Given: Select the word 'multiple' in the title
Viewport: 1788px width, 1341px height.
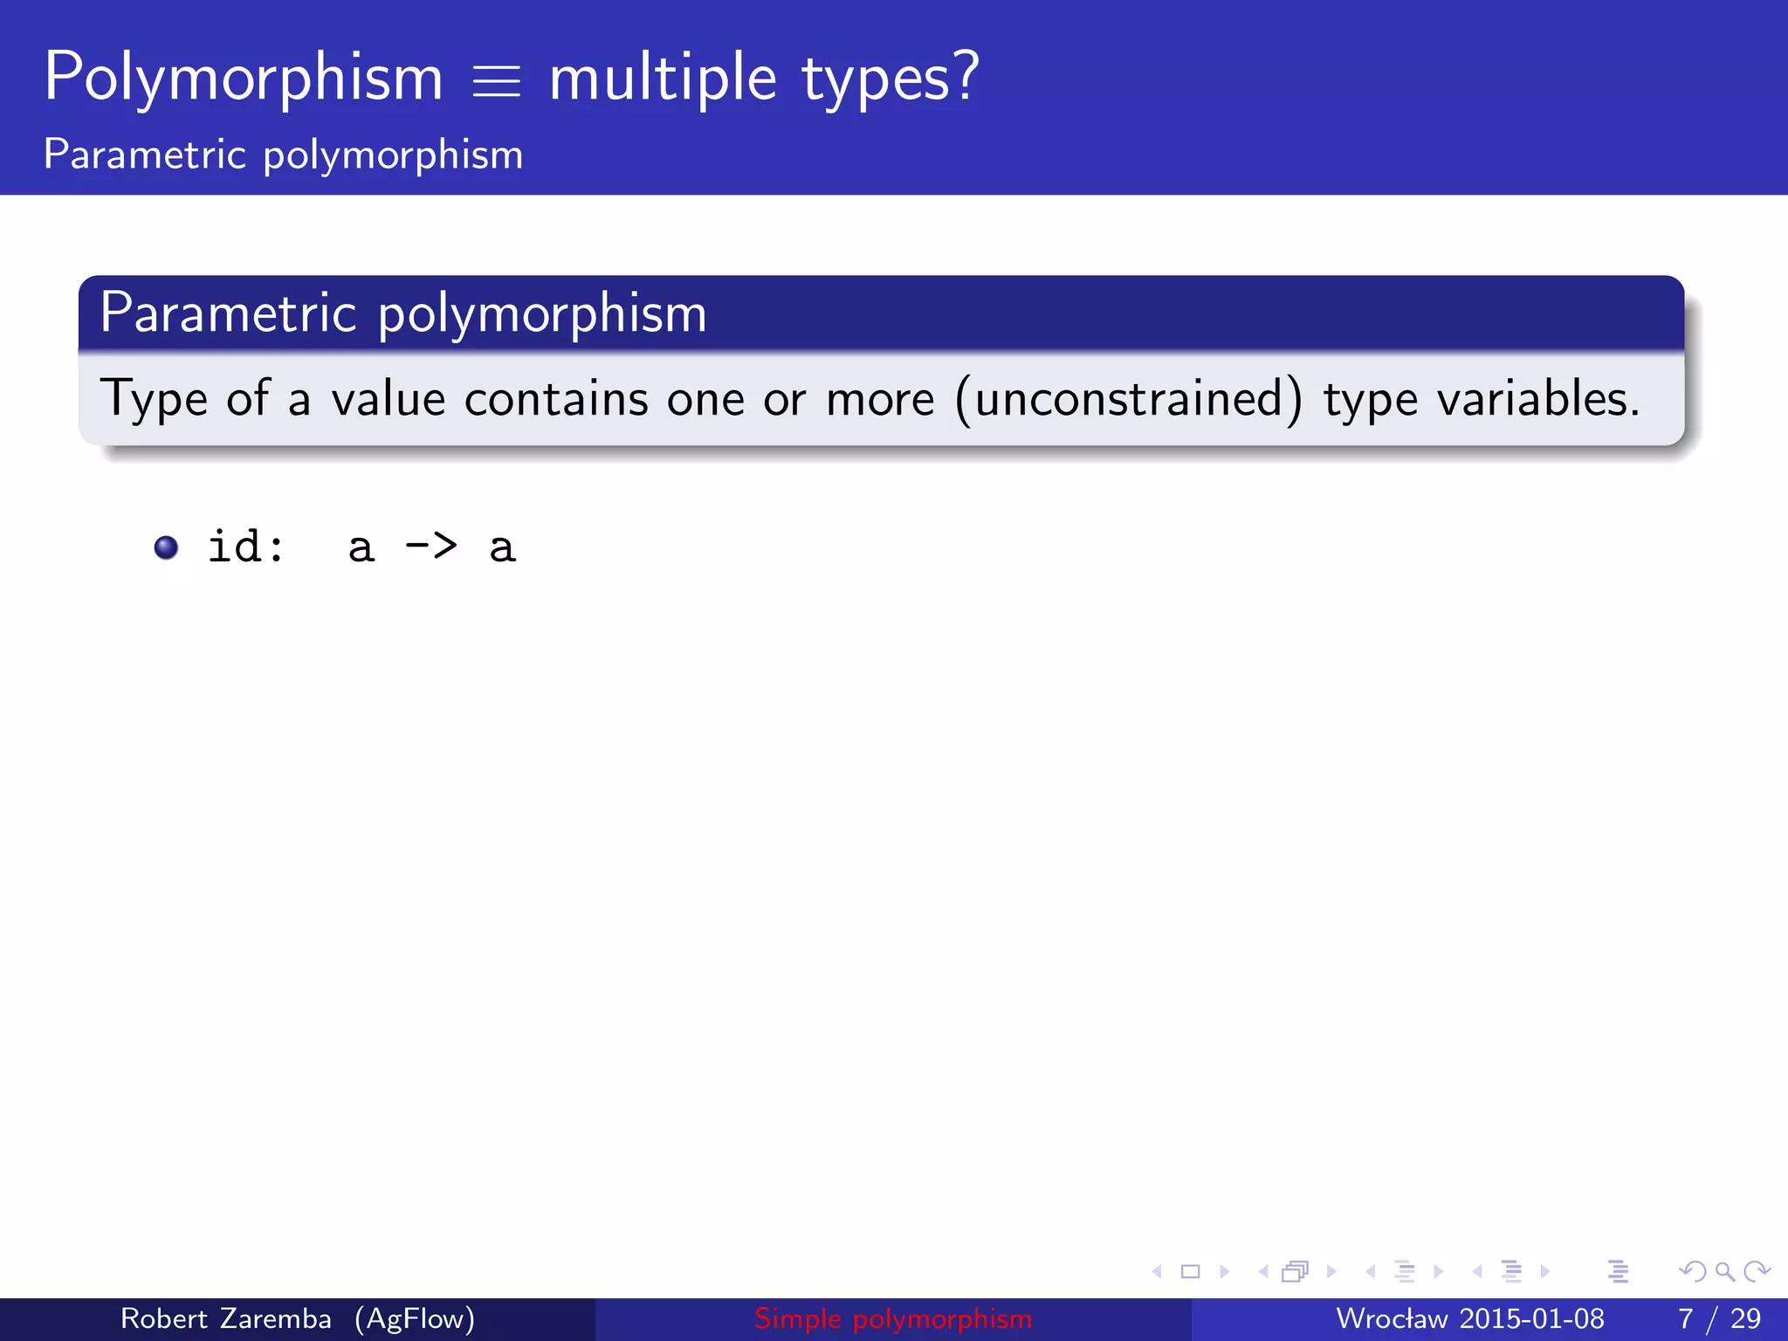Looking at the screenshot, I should pos(663,79).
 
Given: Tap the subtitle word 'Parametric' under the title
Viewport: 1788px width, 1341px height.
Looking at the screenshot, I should pos(145,155).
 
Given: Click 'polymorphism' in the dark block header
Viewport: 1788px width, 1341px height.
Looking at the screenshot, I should pos(542,314).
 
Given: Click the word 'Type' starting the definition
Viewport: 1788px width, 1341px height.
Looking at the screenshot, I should pos(153,400).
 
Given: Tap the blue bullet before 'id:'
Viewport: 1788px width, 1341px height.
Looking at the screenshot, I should pos(166,547).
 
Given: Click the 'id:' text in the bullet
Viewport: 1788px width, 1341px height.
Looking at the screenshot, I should pos(246,547).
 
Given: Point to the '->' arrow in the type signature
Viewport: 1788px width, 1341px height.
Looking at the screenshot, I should pos(431,547).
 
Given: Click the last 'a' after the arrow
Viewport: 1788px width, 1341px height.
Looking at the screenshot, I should pos(502,548).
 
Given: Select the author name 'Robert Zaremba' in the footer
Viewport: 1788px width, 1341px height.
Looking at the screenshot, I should pos(225,1318).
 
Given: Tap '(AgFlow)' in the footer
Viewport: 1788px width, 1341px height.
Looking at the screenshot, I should pos(415,1318).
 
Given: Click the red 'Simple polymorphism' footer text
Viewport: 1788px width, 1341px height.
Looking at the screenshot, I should pos(893,1318).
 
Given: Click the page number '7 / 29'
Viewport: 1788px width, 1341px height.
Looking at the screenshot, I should pos(1719,1318).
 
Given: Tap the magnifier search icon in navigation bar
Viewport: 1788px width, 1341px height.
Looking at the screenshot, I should pos(1724,1271).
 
